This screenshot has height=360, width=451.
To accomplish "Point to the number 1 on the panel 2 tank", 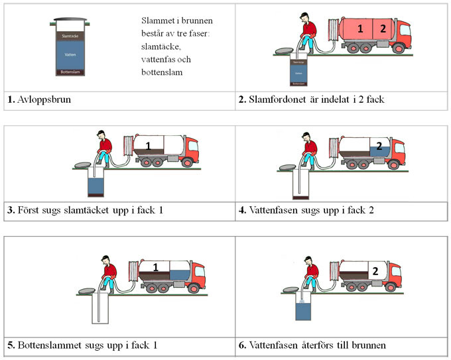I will pos(360,29).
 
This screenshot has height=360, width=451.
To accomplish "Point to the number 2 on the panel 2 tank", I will pos(382,29).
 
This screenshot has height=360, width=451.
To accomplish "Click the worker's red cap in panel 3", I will pos(101,132).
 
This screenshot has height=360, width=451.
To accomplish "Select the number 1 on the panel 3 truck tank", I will pos(149,145).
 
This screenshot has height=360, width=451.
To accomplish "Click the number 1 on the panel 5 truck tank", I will pos(156,267).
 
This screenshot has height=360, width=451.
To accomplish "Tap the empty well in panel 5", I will pos(100,310).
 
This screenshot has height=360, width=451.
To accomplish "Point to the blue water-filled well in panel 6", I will pos(304,312).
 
